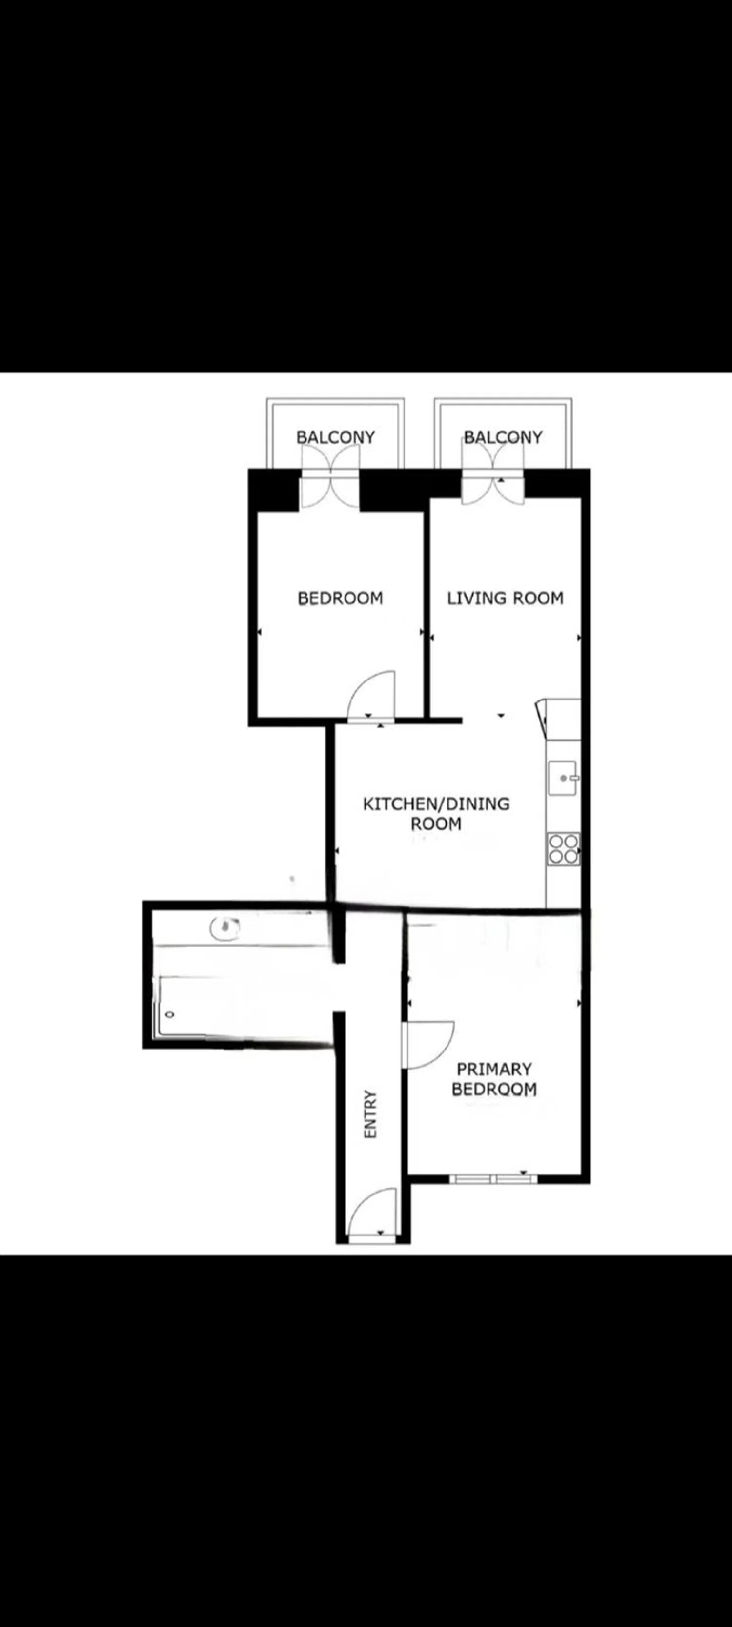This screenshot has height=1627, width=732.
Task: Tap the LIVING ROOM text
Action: tap(505, 597)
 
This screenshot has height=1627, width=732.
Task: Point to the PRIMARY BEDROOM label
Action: tap(494, 1079)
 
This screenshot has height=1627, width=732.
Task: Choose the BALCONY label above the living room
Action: tap(503, 437)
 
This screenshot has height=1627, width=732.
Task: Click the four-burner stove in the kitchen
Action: tap(563, 849)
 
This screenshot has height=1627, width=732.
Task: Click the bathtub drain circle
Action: tap(169, 1015)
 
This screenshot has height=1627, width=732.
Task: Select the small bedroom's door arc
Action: tap(371, 695)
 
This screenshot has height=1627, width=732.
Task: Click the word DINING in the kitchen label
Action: tap(477, 804)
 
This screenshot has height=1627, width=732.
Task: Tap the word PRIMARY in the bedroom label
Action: tap(494, 1070)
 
